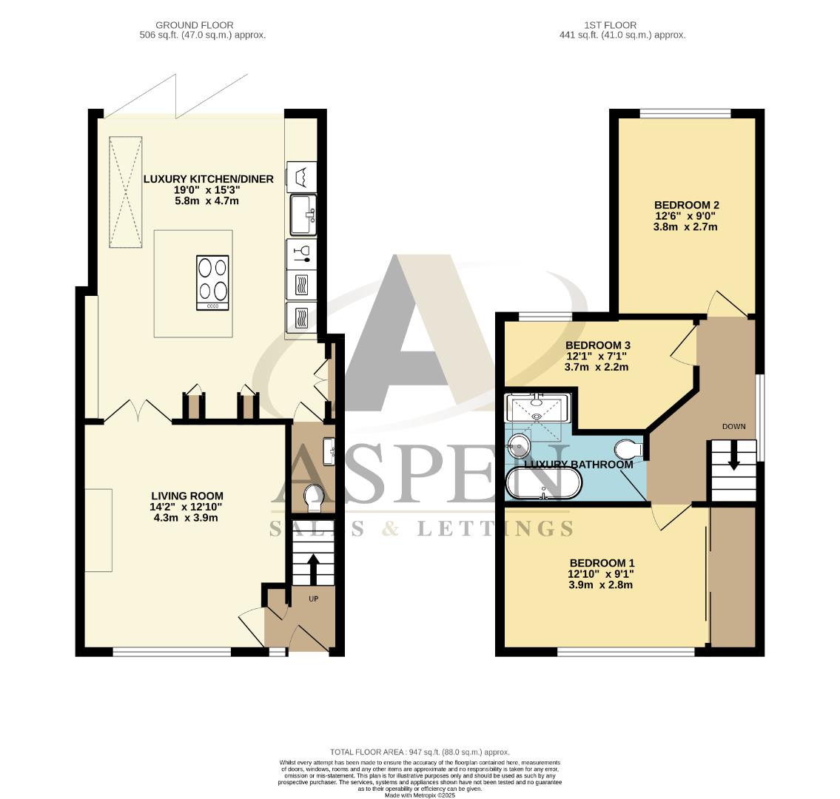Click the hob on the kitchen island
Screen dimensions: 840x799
tap(212, 282)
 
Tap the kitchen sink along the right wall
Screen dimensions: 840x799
tap(303, 215)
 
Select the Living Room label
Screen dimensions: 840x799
tap(187, 507)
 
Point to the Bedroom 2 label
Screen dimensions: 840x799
tap(686, 216)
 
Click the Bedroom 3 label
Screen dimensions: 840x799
tap(597, 356)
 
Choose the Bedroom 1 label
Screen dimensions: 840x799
tap(601, 573)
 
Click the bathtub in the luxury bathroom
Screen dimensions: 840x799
tap(543, 483)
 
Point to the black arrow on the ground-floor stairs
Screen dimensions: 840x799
tap(313, 569)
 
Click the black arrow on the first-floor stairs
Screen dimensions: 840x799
tap(733, 456)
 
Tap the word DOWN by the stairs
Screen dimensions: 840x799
tap(734, 427)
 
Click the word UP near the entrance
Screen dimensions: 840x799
tap(313, 599)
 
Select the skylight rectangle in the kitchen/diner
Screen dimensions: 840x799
tap(126, 192)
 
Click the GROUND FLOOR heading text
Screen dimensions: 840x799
tap(195, 25)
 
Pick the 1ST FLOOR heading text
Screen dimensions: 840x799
tap(611, 25)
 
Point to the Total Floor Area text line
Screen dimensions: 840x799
tap(420, 752)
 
